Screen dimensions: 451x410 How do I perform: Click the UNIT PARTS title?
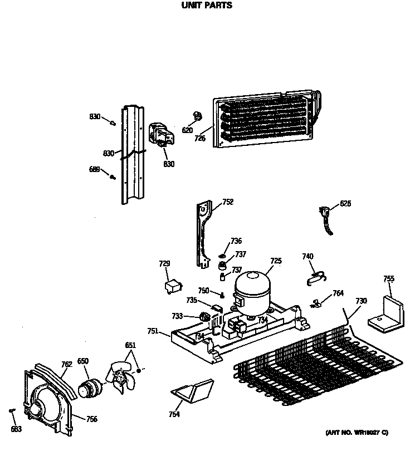click(x=207, y=6)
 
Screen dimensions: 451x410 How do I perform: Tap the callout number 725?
click(x=276, y=261)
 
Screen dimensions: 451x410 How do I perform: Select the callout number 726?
click(x=200, y=138)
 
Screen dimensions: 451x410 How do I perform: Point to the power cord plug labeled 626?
click(x=325, y=215)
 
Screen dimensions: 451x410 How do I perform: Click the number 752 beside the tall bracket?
click(x=228, y=202)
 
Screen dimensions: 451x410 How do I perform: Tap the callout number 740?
click(x=307, y=256)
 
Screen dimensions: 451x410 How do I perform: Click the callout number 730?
click(x=361, y=301)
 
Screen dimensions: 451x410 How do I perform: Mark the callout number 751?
click(x=153, y=332)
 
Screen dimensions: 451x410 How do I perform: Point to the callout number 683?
click(x=17, y=428)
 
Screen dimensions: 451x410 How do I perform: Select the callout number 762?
click(x=66, y=365)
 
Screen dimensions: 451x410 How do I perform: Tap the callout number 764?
click(x=338, y=293)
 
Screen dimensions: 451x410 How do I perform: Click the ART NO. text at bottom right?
click(x=357, y=433)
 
